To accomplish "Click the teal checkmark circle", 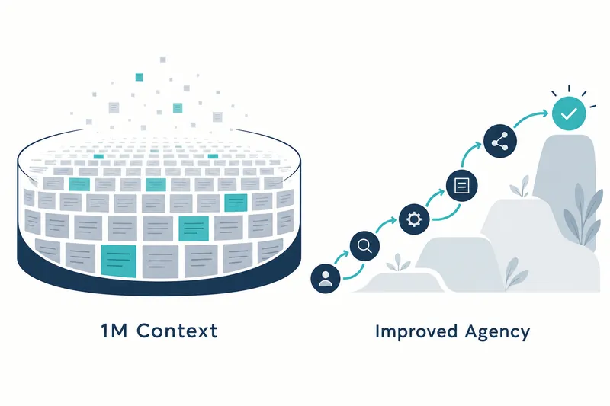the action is coord(569,113).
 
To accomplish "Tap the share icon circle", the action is coord(500,141).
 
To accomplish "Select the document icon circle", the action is coord(462,185).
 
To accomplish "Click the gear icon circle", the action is coord(414,219).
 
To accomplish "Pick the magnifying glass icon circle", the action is coord(364,245).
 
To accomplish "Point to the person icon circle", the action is coord(326,278).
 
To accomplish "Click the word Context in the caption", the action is coord(177,331).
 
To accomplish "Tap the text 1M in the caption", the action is coord(114,331).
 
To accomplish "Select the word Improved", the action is coord(416,332).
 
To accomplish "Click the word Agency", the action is coord(498,333).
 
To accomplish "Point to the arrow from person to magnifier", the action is coord(341,257).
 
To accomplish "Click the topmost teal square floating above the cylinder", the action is coord(139,77).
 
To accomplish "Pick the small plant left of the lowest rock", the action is coord(397,263).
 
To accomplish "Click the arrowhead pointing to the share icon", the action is coord(478,145).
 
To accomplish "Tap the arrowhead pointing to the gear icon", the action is coord(393,220).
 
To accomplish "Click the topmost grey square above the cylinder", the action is coord(163,60).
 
